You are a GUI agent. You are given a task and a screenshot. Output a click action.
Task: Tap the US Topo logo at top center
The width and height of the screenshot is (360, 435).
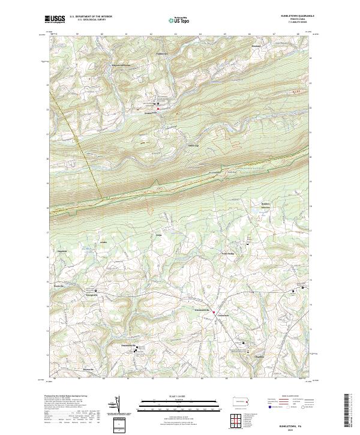pyautogui.click(x=179, y=19)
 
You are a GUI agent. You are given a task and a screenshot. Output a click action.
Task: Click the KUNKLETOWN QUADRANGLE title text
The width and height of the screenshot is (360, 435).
pyautogui.click(x=293, y=16)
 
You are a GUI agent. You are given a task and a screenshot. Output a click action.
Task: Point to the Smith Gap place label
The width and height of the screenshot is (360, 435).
pyautogui.click(x=193, y=145)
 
